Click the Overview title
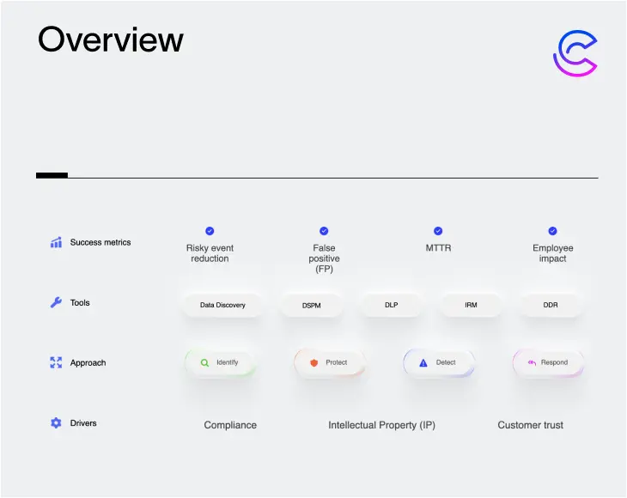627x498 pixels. point(110,39)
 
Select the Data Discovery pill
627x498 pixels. point(222,305)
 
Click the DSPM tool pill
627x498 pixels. point(312,306)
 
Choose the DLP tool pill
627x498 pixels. point(391,305)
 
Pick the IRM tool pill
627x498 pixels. point(471,305)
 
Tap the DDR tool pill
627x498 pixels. point(551,305)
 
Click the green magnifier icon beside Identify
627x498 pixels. point(204,362)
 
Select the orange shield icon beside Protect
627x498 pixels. point(313,362)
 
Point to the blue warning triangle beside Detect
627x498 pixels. point(423,362)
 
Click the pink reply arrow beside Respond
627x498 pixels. point(532,362)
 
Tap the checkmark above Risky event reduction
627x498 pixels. point(210,231)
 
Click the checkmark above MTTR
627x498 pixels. point(438,231)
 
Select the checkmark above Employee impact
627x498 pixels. point(552,231)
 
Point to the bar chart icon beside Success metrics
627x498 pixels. point(56,242)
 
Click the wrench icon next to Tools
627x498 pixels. point(56,302)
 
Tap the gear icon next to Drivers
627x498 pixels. point(56,422)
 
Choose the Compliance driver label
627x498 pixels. point(230,425)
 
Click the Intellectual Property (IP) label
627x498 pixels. point(382,425)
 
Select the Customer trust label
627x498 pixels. point(530,425)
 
